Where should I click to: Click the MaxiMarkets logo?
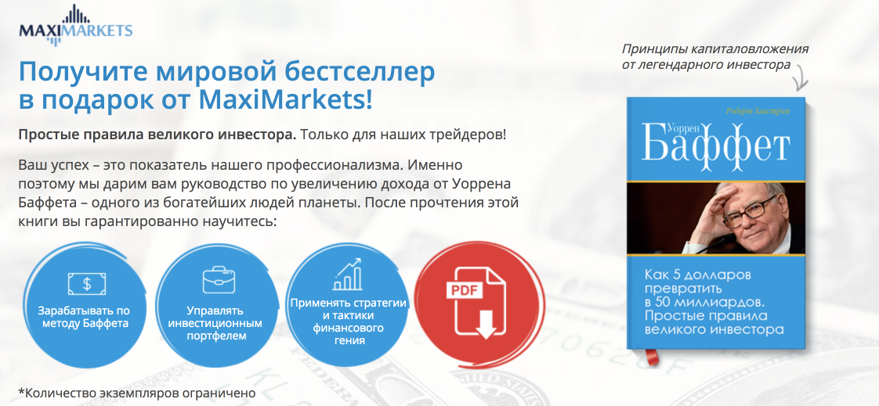[76, 24]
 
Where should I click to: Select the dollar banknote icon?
[87, 283]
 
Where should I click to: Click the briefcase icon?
[219, 279]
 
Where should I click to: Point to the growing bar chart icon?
[348, 274]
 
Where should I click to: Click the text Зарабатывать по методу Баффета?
[84, 316]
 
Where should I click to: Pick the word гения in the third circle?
[348, 340]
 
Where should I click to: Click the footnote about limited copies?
[133, 393]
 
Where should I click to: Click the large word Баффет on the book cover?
[715, 145]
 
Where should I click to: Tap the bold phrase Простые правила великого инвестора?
[157, 136]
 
